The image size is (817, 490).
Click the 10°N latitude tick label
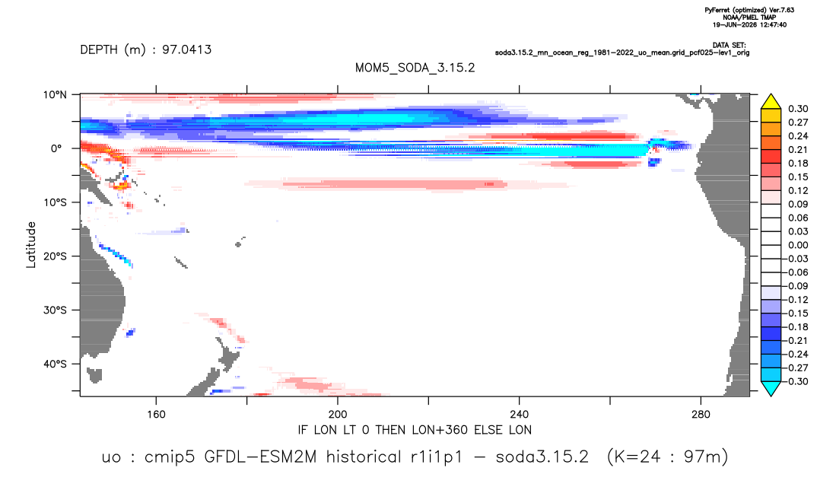click(55, 95)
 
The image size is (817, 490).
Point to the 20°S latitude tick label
click(55, 256)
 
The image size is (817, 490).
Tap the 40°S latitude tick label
click(55, 364)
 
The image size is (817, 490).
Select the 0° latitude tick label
click(56, 148)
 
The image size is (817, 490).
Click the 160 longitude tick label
click(156, 415)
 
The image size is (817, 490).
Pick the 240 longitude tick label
click(520, 415)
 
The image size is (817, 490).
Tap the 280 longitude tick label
click(701, 415)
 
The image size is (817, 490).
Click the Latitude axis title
click(31, 245)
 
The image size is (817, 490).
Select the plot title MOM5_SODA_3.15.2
click(415, 68)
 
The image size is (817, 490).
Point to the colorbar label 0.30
click(798, 109)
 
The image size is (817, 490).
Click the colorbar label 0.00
click(798, 245)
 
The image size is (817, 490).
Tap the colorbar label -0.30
click(796, 381)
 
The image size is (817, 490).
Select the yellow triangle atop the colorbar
click(771, 102)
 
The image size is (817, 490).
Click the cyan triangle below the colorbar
click(771, 388)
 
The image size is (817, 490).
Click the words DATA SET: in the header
click(730, 46)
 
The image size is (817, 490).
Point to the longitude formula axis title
click(415, 430)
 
